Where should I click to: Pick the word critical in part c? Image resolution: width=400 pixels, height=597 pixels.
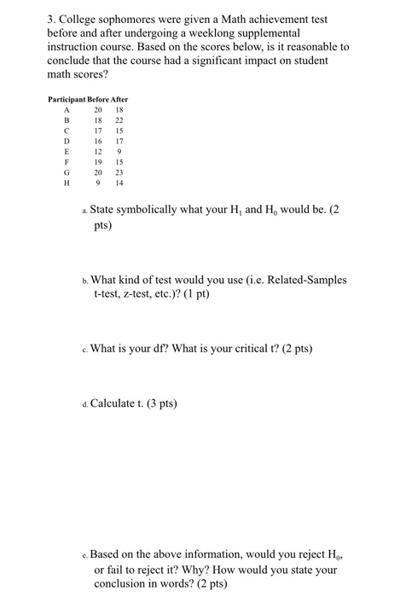255,348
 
